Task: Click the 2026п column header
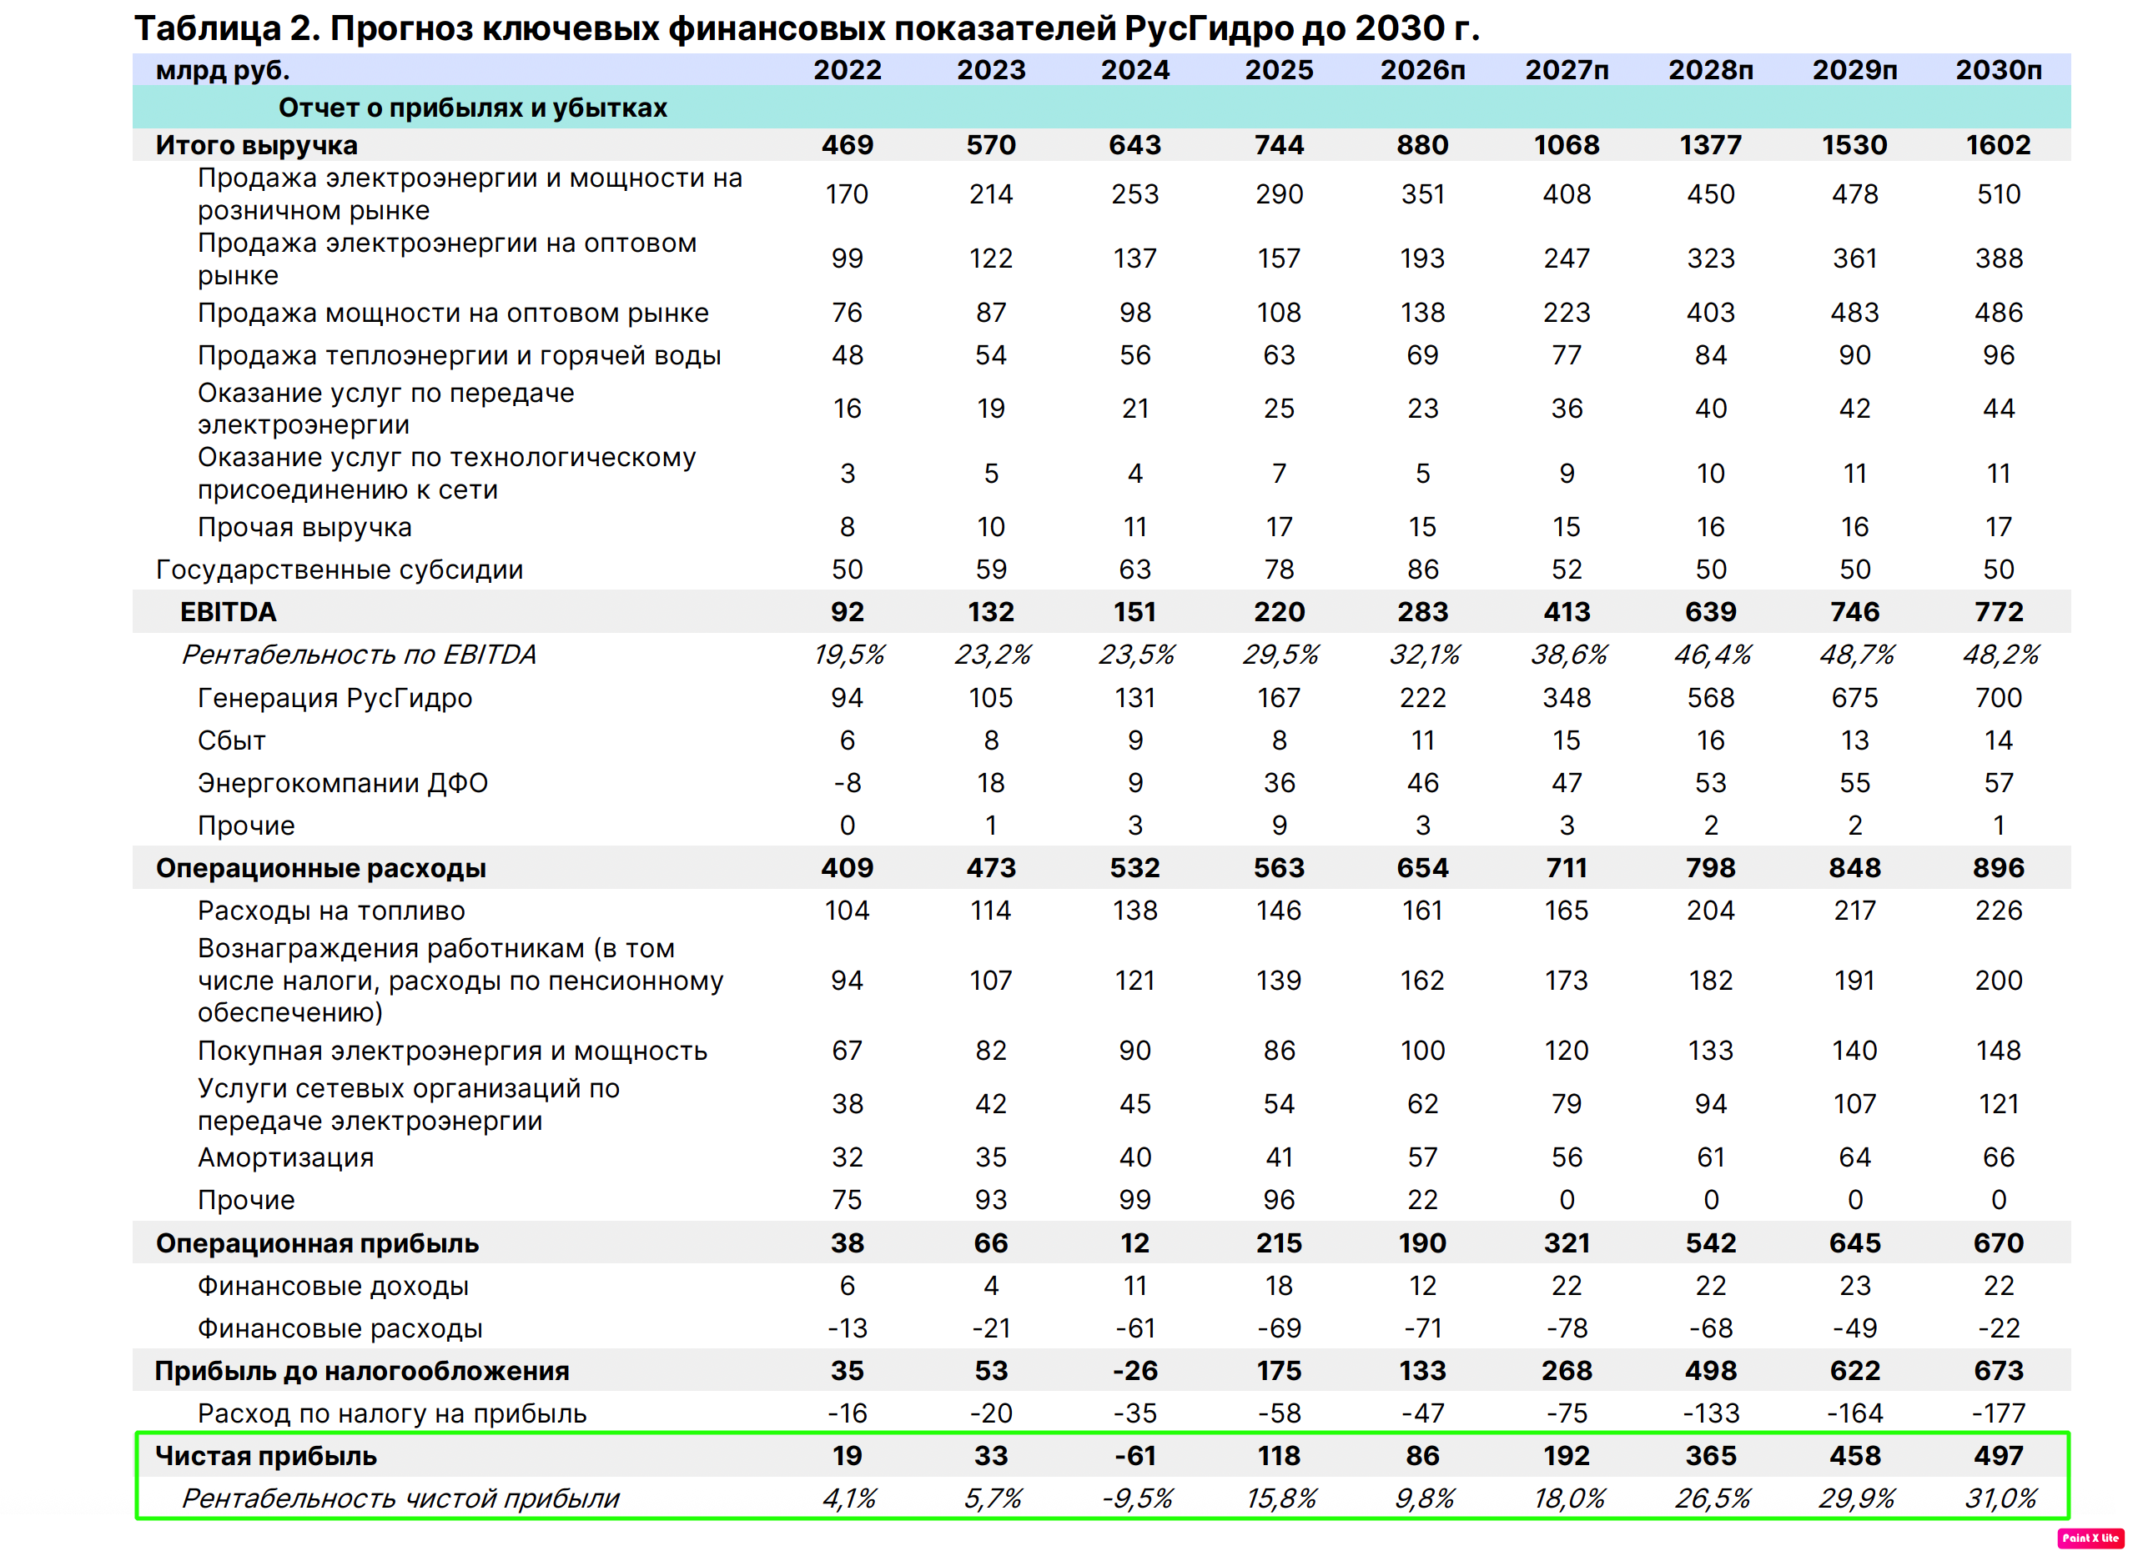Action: pyautogui.click(x=1422, y=70)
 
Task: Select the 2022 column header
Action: pyautogui.click(x=847, y=70)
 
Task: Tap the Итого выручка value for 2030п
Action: pyautogui.click(x=1998, y=145)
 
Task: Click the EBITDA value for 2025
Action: pyautogui.click(x=1279, y=612)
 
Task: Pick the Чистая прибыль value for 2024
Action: pyautogui.click(x=1134, y=1456)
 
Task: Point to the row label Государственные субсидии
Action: pyautogui.click(x=340, y=570)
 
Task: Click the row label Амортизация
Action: pyautogui.click(x=285, y=1157)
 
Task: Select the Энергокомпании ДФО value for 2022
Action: pyautogui.click(x=847, y=784)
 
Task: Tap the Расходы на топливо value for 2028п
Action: pyautogui.click(x=1711, y=911)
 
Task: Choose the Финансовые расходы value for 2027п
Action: pyautogui.click(x=1567, y=1329)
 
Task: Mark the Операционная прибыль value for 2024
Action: pyautogui.click(x=1134, y=1243)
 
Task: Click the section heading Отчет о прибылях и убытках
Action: pyautogui.click(x=472, y=108)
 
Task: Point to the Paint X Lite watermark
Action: pyautogui.click(x=2090, y=1538)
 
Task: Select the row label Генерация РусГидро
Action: pyautogui.click(x=335, y=699)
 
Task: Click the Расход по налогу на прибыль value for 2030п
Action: pyautogui.click(x=1998, y=1413)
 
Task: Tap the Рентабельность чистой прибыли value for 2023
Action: pyautogui.click(x=992, y=1498)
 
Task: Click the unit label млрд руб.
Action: pyautogui.click(x=223, y=71)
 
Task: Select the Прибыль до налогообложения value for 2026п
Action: pyautogui.click(x=1422, y=1372)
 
